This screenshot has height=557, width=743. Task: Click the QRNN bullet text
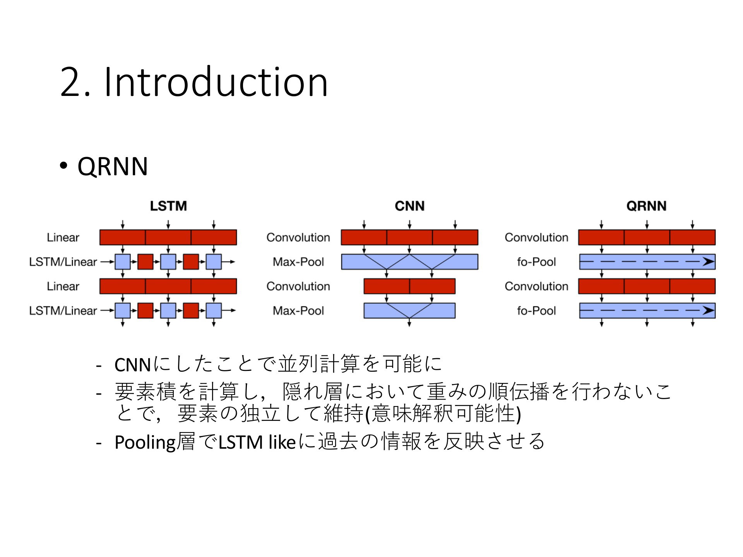113,166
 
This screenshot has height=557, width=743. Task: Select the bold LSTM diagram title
168,206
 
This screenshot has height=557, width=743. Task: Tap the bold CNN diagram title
409,206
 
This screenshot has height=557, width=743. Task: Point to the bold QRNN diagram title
646,206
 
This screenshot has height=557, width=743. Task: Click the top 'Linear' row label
63,237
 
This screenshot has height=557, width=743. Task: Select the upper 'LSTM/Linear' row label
63,262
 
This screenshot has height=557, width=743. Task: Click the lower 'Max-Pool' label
298,311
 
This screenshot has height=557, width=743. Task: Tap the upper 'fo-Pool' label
536,262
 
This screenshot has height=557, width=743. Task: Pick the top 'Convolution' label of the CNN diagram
298,237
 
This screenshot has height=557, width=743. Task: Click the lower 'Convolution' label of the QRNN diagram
536,286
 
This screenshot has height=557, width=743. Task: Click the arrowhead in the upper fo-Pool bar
708,262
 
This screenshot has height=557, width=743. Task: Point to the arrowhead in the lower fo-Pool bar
708,311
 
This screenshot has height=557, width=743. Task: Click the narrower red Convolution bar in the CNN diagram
409,286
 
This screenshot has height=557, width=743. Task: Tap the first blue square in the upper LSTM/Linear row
123,262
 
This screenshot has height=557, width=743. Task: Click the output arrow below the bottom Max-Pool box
409,323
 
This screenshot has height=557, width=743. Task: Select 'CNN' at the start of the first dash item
133,365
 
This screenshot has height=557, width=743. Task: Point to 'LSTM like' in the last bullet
257,442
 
